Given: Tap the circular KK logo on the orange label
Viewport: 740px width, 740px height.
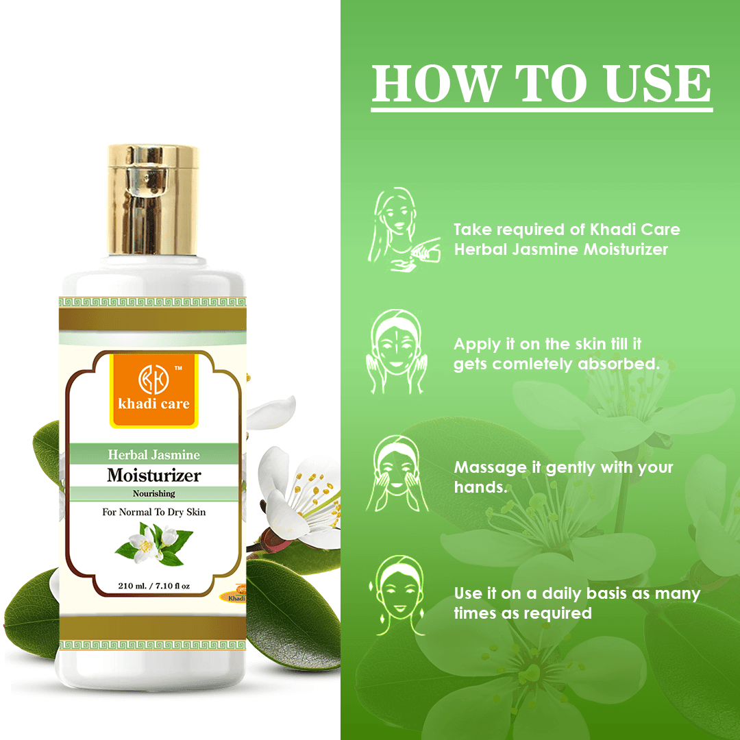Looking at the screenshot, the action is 153,379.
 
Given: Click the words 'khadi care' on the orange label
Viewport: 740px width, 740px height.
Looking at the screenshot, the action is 154,404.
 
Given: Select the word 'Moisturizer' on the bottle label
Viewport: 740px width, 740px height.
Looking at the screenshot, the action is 154,475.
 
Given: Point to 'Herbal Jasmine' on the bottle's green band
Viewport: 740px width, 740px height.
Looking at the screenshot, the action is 154,454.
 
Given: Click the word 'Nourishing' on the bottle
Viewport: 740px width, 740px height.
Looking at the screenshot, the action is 154,493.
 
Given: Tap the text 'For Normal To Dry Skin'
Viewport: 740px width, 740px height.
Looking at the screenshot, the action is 154,512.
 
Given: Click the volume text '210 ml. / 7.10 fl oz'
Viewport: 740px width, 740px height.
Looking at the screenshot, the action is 154,586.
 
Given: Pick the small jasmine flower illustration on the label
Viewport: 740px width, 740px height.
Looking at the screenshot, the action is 154,545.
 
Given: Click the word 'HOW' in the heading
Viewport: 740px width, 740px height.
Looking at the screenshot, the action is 436,84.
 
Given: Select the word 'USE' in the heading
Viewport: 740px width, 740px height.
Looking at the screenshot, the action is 658,84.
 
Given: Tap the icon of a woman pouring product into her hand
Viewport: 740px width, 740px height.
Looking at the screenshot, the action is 404,229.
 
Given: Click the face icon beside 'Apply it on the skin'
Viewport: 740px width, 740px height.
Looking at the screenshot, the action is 397,351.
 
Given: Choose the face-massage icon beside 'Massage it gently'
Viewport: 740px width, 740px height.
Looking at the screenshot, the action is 397,473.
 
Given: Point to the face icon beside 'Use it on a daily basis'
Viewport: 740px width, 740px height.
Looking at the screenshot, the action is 397,595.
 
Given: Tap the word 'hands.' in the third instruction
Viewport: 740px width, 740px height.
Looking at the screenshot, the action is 480,487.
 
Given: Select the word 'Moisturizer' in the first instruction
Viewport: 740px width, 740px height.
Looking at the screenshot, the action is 626,249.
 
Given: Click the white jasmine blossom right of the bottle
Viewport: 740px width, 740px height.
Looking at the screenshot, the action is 297,500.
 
